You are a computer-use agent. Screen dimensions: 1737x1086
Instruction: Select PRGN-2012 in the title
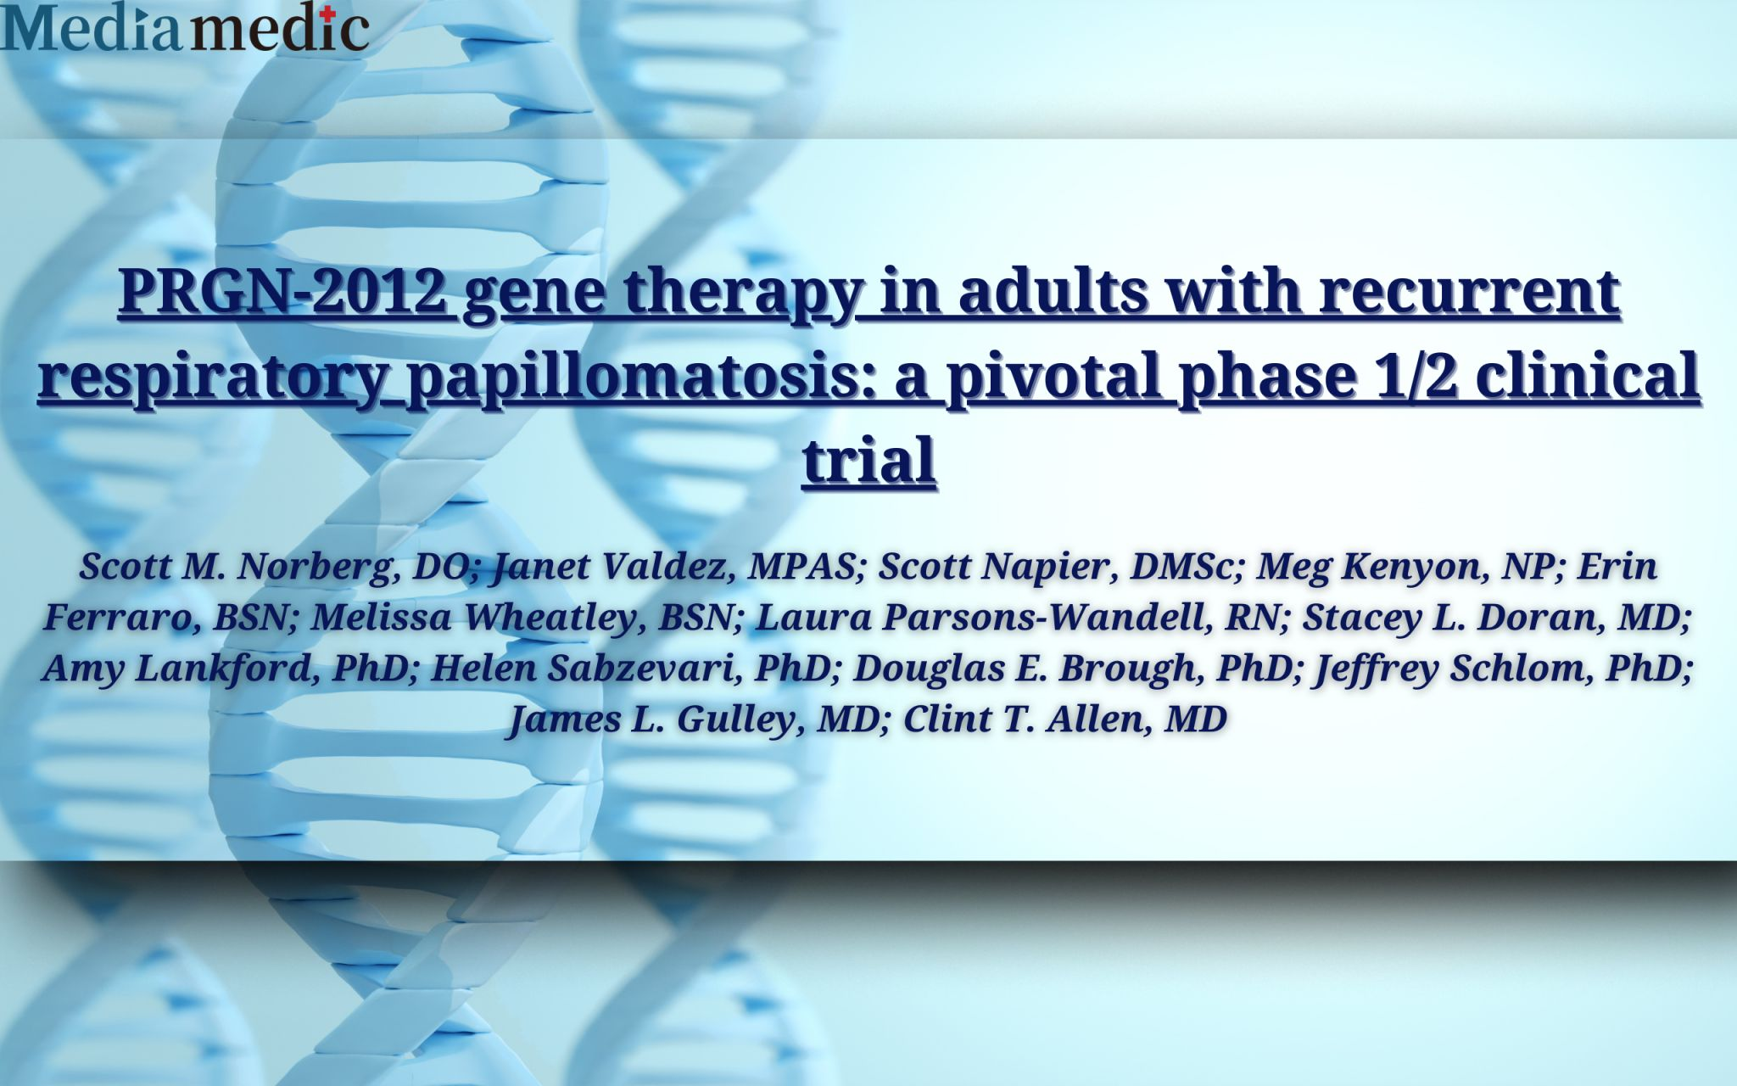click(282, 290)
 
